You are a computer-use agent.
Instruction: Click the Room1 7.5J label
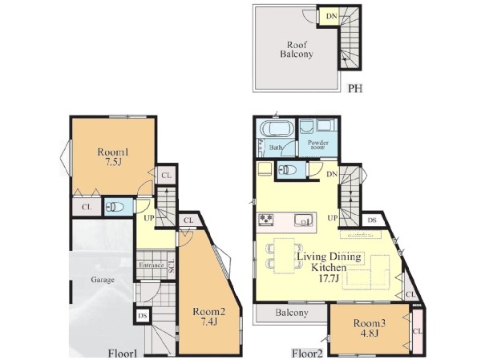point(113,156)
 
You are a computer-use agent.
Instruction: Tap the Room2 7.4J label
point(209,317)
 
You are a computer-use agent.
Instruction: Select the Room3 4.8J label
point(370,327)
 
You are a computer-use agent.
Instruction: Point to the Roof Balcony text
point(297,50)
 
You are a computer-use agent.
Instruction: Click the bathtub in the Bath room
point(276,128)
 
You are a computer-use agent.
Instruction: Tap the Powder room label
point(318,145)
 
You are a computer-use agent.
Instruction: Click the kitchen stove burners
point(265,219)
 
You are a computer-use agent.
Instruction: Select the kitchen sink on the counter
point(303,220)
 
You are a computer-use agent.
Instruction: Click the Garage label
point(103,280)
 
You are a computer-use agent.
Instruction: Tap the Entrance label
point(152,265)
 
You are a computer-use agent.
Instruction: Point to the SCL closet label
point(172,265)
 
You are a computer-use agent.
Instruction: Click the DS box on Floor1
point(143,316)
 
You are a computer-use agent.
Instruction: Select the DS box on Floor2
point(372,220)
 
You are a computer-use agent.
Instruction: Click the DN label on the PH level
point(331,16)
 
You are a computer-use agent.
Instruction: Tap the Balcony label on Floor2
point(292,313)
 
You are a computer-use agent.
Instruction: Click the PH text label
point(355,88)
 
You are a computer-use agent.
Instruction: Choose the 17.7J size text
point(329,279)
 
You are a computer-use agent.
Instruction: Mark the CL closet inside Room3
point(417,331)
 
